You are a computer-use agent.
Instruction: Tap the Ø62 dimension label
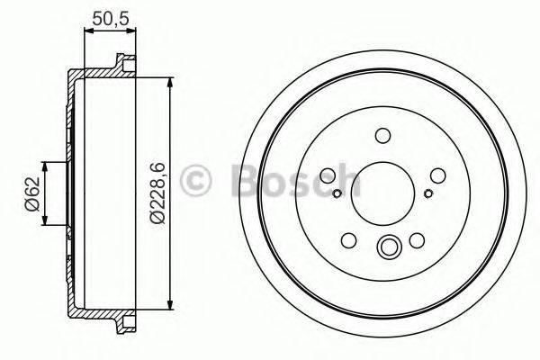pos(31,193)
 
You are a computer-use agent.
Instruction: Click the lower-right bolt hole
pos(417,241)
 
